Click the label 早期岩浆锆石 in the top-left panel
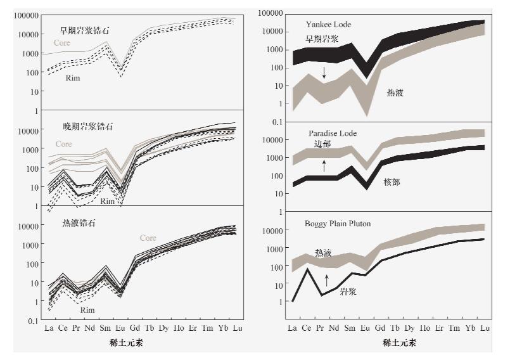click(x=86, y=30)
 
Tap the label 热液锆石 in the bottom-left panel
click(x=79, y=223)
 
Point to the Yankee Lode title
click(x=328, y=24)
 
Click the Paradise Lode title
click(x=333, y=133)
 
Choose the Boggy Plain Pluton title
click(x=337, y=224)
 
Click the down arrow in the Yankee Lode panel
click(x=324, y=73)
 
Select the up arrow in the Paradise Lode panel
click(x=324, y=166)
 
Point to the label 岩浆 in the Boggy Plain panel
click(x=348, y=292)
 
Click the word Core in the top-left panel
click(x=61, y=43)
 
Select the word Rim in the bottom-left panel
click(x=87, y=311)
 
